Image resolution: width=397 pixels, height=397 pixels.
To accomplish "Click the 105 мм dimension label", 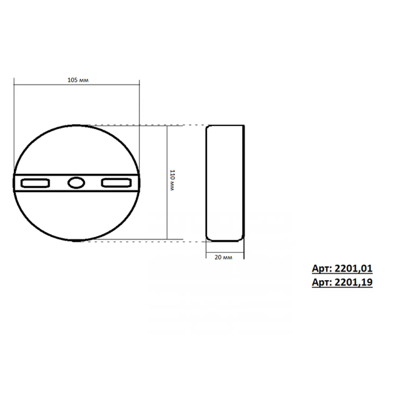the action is [78, 80].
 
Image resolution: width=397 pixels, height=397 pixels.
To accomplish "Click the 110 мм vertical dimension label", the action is [172, 181].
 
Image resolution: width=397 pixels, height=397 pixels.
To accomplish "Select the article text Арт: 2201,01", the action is [342, 269].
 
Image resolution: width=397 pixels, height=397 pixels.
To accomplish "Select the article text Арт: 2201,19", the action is [342, 282].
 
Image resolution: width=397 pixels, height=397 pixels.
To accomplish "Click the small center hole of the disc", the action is [76, 183].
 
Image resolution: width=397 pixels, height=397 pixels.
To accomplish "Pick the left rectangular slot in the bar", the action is [35, 183].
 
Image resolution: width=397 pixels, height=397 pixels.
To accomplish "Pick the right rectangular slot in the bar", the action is [116, 183].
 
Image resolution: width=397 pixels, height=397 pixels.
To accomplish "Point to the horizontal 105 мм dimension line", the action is [77, 85].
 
